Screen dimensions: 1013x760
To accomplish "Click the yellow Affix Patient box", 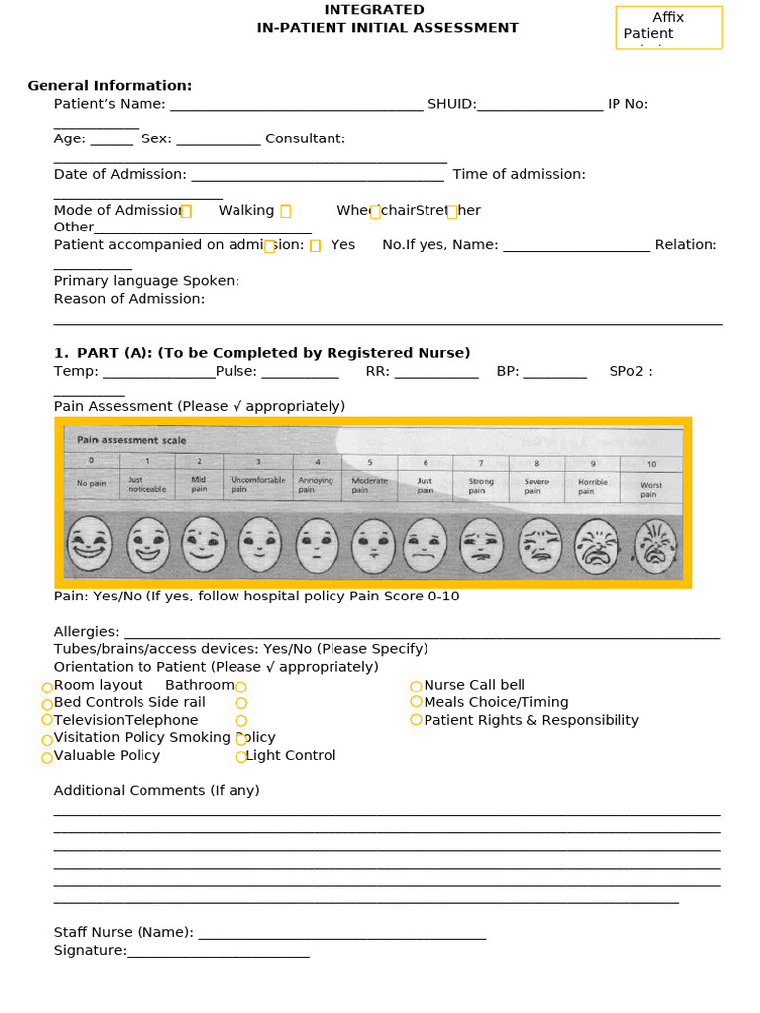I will [669, 27].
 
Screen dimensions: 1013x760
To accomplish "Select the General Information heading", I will [109, 86].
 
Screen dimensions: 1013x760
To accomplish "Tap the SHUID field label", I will [451, 104].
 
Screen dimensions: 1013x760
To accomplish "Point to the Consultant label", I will [305, 139].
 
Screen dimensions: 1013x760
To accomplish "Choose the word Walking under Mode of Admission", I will [246, 211].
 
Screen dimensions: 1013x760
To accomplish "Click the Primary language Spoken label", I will [146, 281].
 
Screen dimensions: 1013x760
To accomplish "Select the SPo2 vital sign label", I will [630, 372].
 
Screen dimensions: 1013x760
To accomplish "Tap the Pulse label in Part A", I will [237, 372].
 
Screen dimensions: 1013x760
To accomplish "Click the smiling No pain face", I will [91, 546].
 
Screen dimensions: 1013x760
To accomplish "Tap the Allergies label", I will [86, 632].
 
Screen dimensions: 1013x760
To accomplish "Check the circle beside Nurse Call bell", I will [416, 686].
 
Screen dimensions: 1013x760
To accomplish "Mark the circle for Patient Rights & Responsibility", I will [416, 720].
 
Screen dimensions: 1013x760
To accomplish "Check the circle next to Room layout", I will [47, 687].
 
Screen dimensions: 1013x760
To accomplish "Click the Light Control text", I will [291, 756].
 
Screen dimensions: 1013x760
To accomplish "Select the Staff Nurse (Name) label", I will [124, 933].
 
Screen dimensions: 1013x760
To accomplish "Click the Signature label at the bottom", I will [90, 951].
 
